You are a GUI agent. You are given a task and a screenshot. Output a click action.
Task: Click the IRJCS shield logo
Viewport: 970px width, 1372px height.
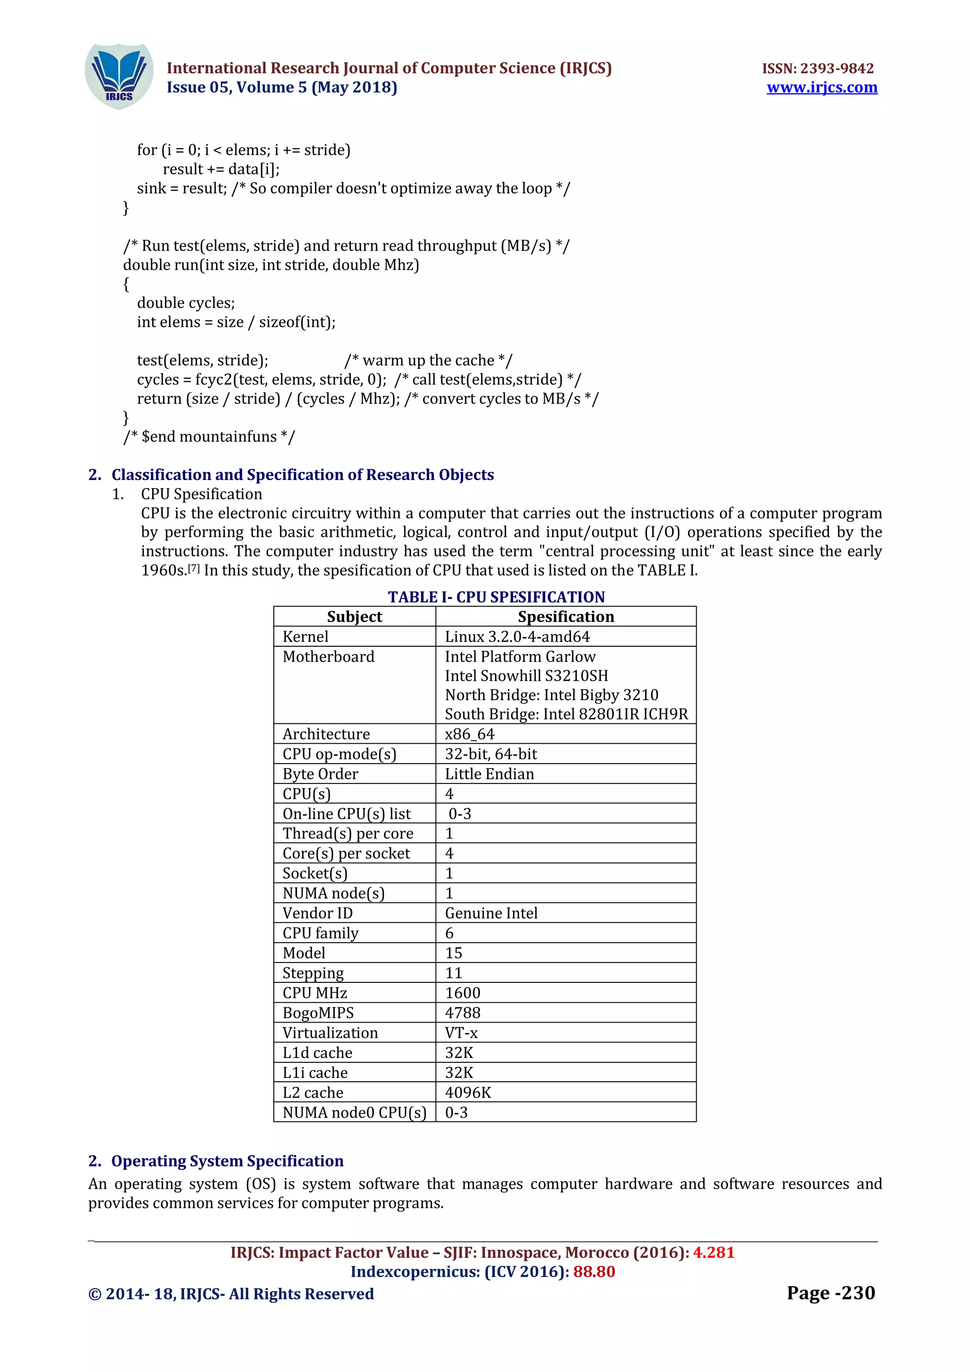(119, 77)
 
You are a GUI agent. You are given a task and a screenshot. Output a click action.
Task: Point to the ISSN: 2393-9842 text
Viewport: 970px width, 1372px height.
(817, 68)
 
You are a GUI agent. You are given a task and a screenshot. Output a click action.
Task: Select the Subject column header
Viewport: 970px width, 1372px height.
(354, 617)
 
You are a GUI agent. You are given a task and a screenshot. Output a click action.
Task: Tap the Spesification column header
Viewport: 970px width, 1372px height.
(566, 617)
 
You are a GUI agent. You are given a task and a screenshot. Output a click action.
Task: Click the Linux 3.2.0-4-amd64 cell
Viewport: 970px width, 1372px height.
(517, 636)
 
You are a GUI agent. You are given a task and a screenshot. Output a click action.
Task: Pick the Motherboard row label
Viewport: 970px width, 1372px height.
(329, 657)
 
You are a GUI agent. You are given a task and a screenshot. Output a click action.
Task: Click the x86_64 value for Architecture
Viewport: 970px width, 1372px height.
(470, 734)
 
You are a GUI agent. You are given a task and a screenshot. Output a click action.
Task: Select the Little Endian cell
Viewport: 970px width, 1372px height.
(489, 774)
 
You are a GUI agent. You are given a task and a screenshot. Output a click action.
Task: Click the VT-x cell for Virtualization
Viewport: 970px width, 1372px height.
(461, 1033)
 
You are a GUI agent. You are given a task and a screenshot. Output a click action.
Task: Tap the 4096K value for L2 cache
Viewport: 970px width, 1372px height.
(468, 1092)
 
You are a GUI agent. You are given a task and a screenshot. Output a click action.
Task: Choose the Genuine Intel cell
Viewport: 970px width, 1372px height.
(491, 913)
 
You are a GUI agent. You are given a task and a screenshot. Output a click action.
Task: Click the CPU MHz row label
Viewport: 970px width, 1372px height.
(315, 993)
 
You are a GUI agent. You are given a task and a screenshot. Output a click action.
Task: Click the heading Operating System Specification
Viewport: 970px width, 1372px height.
(227, 1160)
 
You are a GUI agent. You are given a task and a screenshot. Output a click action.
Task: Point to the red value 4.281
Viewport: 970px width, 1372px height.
(714, 1253)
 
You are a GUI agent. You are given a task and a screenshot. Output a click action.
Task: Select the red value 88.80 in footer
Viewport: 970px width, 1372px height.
(594, 1272)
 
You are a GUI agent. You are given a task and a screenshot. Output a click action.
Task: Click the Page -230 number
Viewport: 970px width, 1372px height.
(831, 1293)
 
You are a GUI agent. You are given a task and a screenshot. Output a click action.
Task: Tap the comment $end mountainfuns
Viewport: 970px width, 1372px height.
(209, 437)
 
